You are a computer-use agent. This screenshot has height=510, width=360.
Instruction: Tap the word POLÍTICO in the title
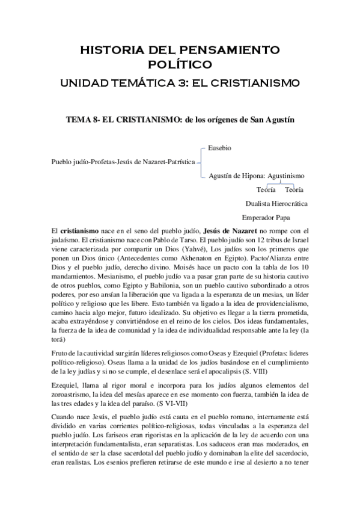point(180,63)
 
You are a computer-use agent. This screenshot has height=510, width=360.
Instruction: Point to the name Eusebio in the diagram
point(220,147)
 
